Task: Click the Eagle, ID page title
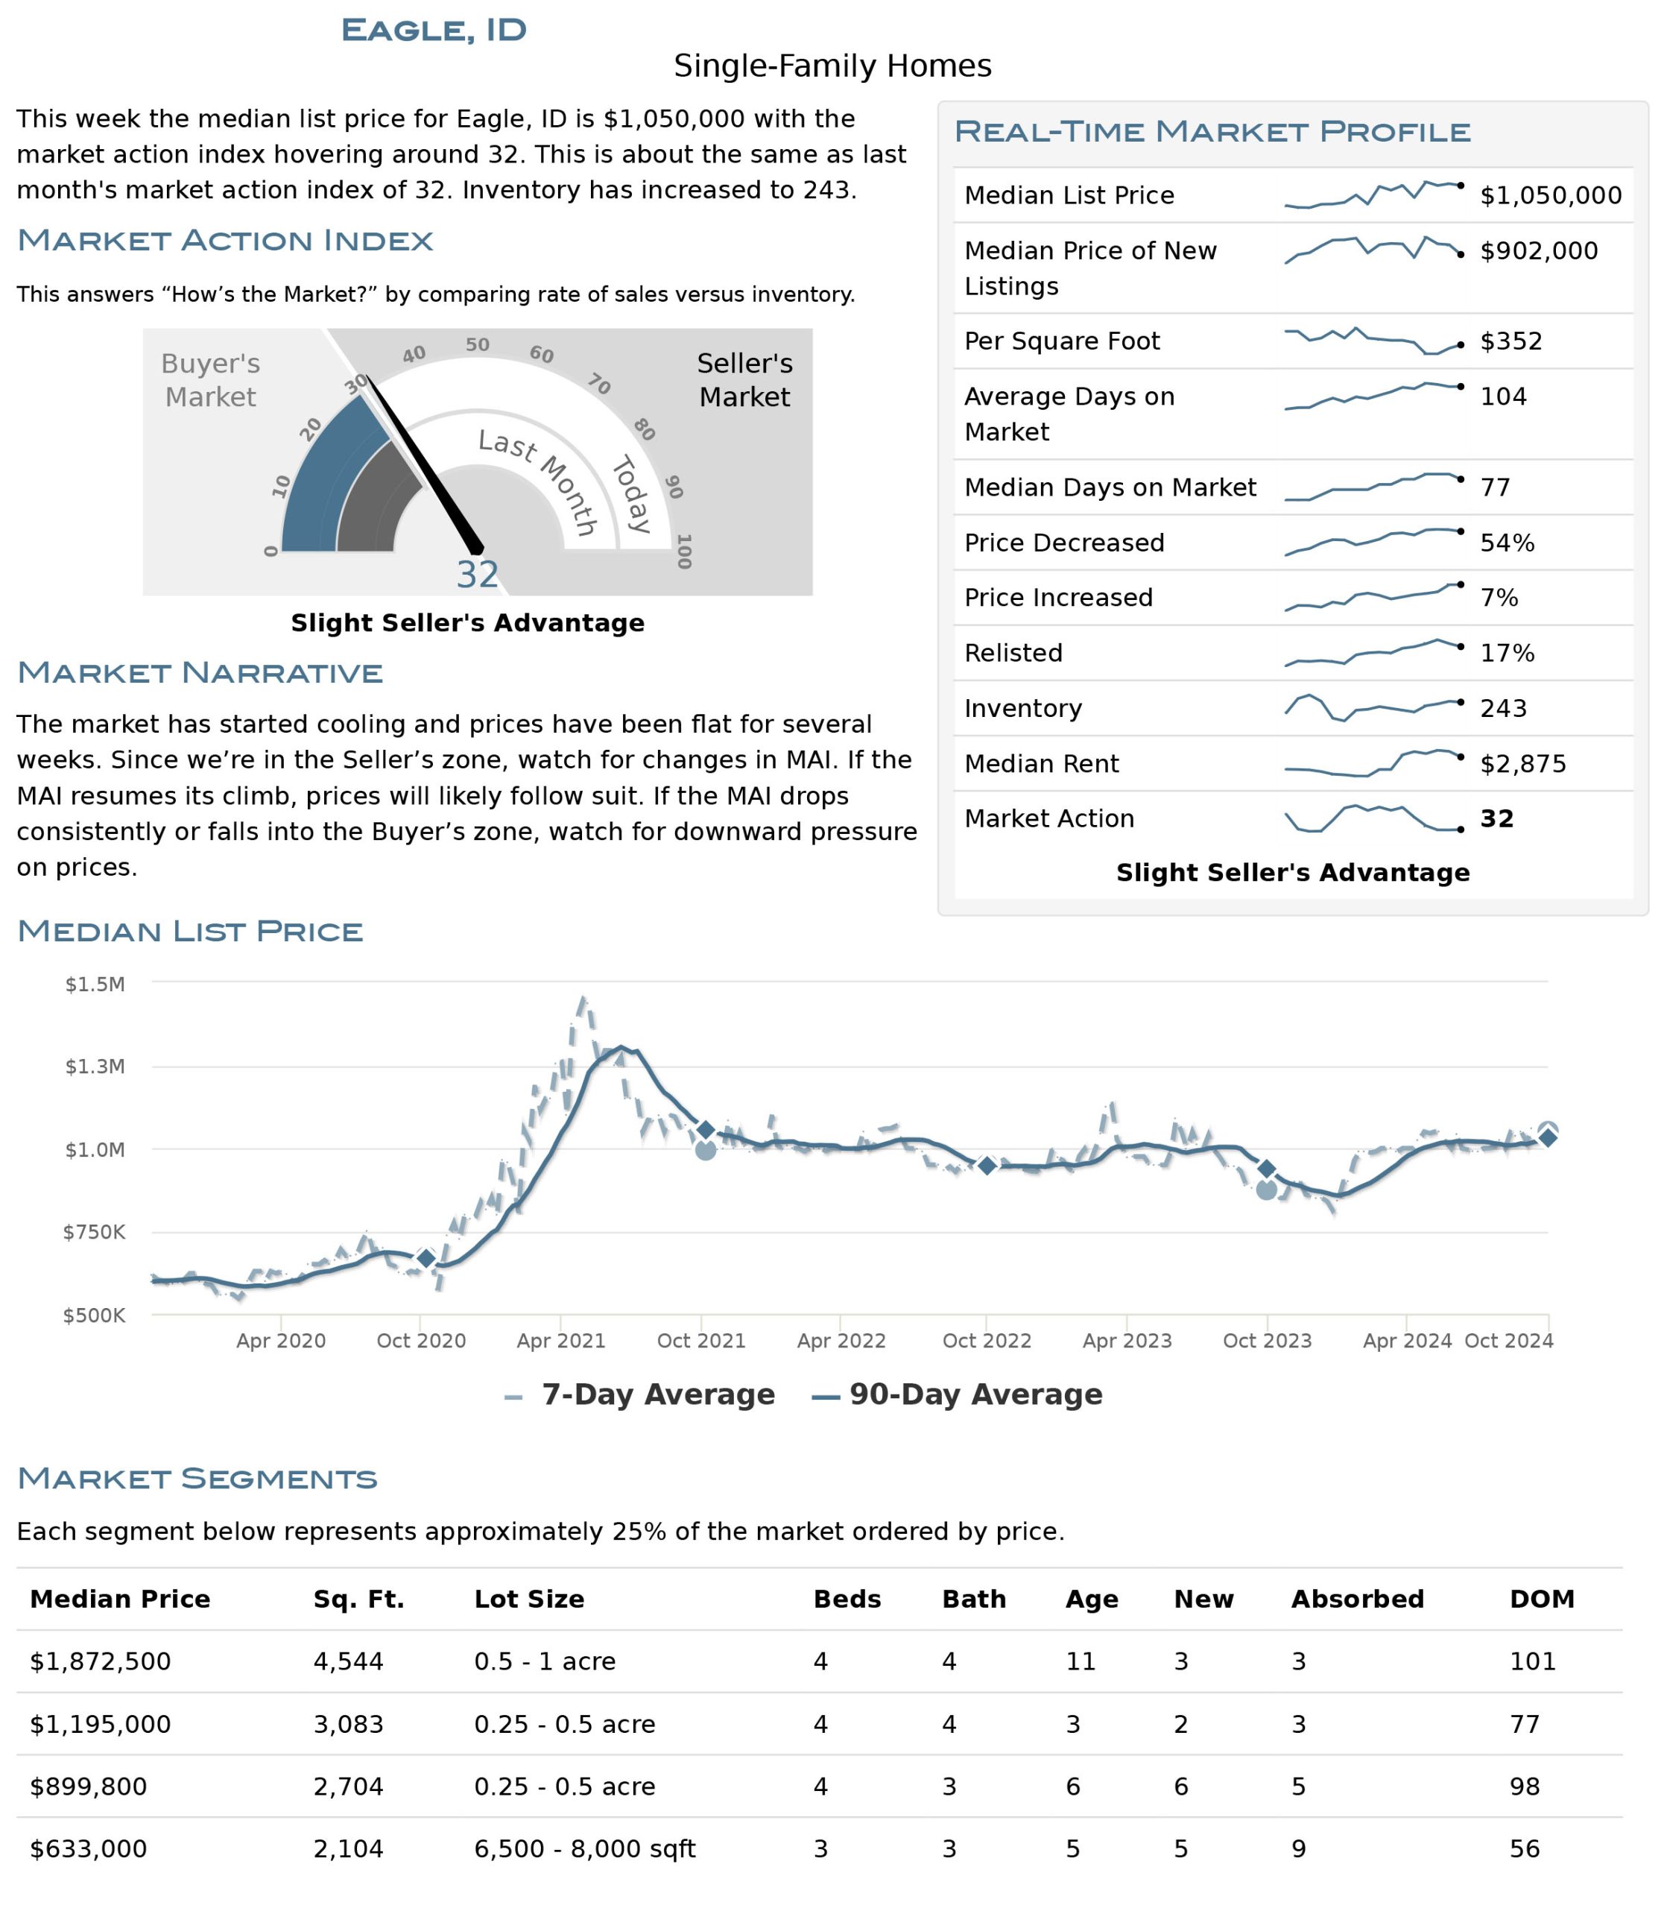coord(434,30)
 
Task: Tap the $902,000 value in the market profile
coord(1539,251)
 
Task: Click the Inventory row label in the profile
coord(1023,709)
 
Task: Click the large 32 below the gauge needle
coord(477,575)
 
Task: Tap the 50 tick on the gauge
coord(477,344)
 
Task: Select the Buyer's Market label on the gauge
coord(211,380)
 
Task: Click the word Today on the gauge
coord(631,494)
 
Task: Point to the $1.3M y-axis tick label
coord(95,1067)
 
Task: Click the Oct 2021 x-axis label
coord(701,1340)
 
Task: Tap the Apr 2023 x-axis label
coord(1127,1340)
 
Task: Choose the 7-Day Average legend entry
coord(640,1394)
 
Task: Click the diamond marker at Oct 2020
coord(426,1258)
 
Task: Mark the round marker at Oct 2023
coord(1267,1189)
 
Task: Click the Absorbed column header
coord(1358,1599)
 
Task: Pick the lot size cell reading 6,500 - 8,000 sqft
coord(585,1848)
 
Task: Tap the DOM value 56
coord(1525,1848)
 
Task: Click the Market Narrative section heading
coord(200,672)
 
